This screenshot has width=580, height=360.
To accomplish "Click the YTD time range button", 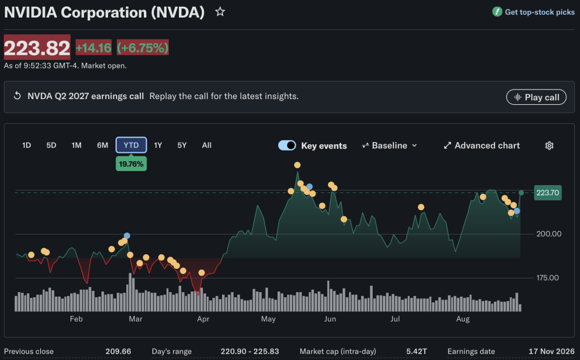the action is click(131, 145).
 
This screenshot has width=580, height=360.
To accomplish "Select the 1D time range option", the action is click(26, 145).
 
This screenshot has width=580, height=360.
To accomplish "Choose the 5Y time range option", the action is click(182, 145).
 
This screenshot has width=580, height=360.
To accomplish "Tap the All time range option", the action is click(207, 145).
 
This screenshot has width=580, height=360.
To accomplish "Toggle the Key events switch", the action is click(287, 145).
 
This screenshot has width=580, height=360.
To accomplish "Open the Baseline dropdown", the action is click(390, 145).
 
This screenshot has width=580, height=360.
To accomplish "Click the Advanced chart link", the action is click(481, 145).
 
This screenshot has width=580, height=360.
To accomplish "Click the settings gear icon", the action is click(549, 145).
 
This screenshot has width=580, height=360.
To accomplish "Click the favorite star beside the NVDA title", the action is click(220, 12).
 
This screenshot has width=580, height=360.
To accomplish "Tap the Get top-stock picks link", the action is click(534, 12).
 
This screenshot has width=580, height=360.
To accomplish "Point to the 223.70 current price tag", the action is click(548, 192).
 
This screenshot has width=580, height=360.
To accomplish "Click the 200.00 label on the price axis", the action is click(549, 234).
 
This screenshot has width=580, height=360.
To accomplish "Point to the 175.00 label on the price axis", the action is click(548, 277).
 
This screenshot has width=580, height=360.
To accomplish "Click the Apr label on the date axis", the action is click(203, 319).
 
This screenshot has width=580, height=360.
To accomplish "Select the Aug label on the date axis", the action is click(463, 319).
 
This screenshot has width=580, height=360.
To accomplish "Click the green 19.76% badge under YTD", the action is click(131, 164).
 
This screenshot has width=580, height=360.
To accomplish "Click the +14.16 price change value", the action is click(93, 48).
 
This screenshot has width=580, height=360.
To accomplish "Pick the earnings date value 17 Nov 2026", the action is click(552, 351).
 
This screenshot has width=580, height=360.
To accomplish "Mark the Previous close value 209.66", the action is click(118, 351).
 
